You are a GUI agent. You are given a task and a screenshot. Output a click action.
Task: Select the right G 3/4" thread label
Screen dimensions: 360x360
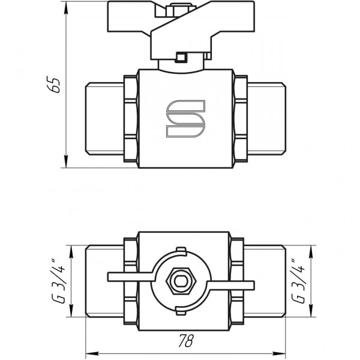(x=296, y=281)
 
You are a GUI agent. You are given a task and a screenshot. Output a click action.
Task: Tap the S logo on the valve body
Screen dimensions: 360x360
(x=185, y=117)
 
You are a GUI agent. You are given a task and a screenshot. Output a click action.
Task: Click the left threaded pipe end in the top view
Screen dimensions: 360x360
(x=104, y=281)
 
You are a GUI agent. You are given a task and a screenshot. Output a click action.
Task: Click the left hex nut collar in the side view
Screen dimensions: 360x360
(x=130, y=118)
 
